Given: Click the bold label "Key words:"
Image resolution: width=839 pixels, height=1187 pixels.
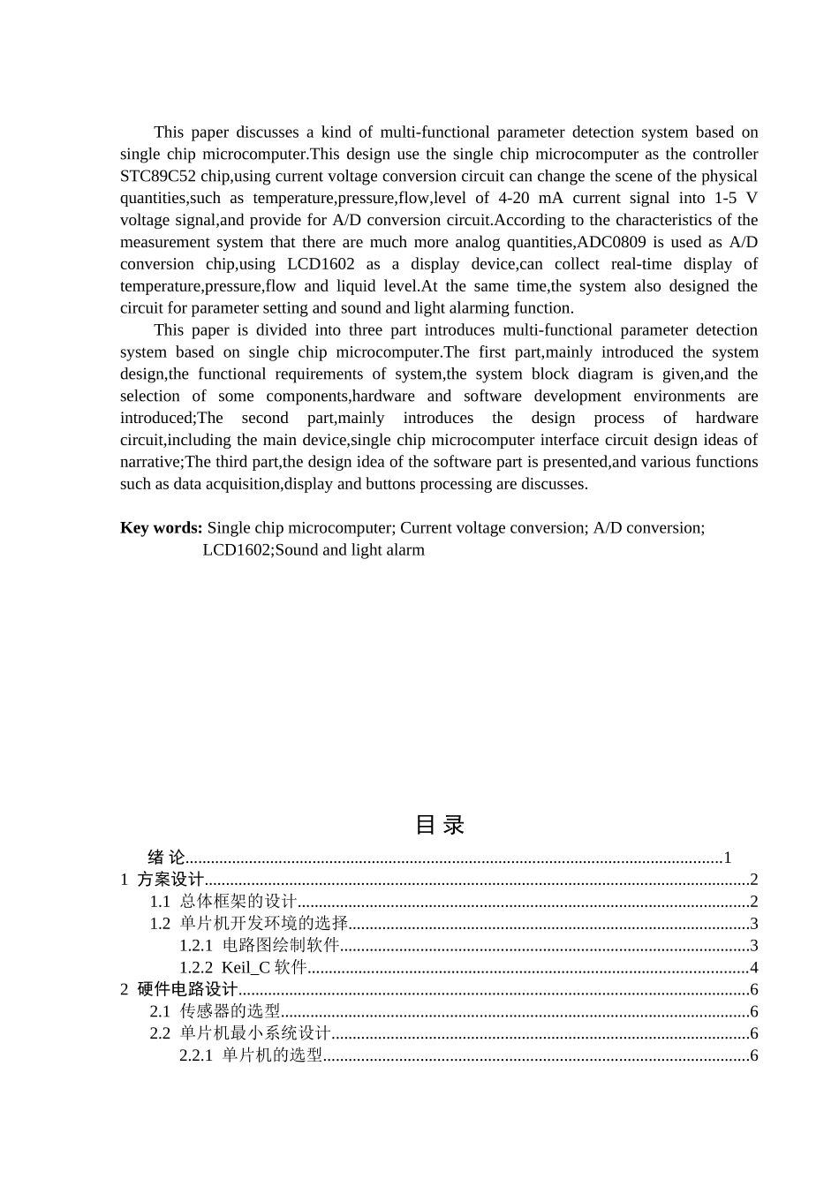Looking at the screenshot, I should [162, 528].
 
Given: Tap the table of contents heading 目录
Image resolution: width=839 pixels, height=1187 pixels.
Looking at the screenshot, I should [440, 825].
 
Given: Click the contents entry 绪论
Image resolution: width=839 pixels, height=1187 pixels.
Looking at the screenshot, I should [166, 858].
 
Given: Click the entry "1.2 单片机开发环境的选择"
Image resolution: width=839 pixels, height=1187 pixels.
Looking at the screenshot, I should [249, 924].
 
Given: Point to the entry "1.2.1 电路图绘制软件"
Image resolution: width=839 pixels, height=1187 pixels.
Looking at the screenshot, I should [260, 946].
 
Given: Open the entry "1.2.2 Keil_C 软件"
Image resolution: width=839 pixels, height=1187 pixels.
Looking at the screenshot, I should [243, 968].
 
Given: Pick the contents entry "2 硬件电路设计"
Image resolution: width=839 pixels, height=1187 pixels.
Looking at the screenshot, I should [179, 990].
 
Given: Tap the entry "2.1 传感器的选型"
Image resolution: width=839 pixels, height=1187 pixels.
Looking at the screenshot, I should [215, 1012].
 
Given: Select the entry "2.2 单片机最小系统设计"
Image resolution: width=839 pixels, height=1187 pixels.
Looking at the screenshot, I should [240, 1034].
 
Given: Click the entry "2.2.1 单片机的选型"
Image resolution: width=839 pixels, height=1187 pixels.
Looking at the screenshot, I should [252, 1056].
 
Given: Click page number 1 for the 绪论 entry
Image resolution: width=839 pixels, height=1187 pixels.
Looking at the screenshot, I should [727, 858].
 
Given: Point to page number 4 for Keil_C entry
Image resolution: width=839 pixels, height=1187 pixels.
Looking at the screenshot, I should [753, 968].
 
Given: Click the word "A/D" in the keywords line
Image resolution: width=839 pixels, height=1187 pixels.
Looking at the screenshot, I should [608, 528].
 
